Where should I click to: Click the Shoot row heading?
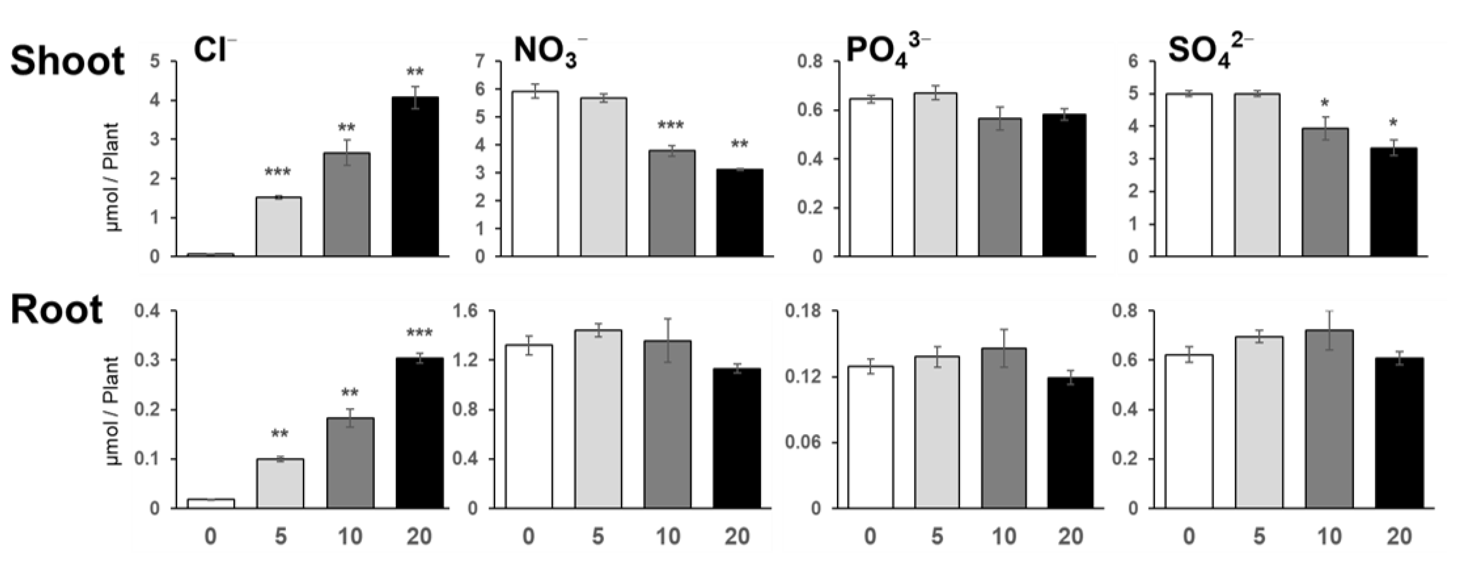click(x=68, y=61)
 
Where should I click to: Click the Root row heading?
click(x=57, y=310)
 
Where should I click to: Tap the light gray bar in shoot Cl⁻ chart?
click(x=278, y=226)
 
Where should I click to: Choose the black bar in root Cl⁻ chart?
click(x=419, y=433)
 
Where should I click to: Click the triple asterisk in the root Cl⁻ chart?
click(x=419, y=333)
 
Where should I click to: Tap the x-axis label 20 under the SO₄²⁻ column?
click(x=1399, y=536)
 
